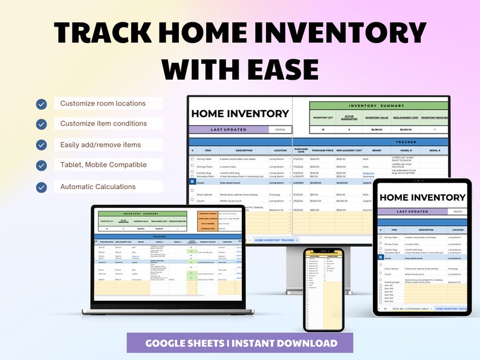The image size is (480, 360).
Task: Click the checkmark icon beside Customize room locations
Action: (41, 104)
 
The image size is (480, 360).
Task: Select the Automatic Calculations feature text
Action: (98, 187)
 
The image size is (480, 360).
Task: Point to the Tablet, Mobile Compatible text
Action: (103, 164)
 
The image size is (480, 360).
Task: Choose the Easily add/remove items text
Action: (100, 145)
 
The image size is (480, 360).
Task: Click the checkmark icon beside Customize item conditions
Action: (41, 124)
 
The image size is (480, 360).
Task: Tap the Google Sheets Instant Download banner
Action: (241, 343)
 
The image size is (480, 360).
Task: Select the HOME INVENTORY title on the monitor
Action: (240, 114)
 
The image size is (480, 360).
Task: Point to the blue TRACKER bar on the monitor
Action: (379, 141)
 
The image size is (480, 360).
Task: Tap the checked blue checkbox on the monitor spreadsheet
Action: (192, 181)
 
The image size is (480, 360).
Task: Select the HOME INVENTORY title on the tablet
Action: (422, 198)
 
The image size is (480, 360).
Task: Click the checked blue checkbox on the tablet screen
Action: (380, 257)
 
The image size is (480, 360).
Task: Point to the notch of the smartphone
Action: (323, 249)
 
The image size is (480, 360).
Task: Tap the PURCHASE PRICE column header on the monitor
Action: (323, 150)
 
